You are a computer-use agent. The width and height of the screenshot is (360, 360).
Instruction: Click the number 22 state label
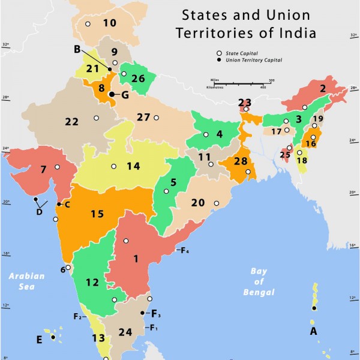coord(71,122)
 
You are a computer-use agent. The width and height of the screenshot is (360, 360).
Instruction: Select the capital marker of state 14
coord(114,166)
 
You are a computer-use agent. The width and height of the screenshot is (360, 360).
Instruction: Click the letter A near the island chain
coord(313,331)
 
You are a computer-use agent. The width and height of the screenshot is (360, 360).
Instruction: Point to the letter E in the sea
coord(39,340)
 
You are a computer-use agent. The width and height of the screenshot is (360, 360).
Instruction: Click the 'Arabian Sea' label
coord(26,281)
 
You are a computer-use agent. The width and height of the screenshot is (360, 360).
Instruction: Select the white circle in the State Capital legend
coord(220,53)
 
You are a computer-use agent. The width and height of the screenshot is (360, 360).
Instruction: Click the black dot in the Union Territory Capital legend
coord(220,60)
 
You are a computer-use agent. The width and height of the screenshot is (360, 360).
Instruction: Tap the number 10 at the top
coord(109,23)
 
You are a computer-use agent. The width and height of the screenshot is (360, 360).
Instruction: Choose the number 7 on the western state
coord(43,170)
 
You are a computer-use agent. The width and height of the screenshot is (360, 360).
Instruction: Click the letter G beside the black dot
coord(125,94)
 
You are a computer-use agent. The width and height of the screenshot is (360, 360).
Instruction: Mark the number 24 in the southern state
coord(125,332)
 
